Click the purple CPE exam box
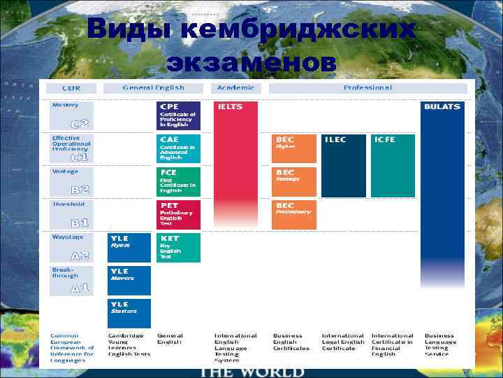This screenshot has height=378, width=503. pyautogui.click(x=179, y=115)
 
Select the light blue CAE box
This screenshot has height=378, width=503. pyautogui.click(x=179, y=148)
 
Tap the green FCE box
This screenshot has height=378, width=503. pyautogui.click(x=179, y=181)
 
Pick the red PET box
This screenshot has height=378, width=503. pyautogui.click(x=179, y=214)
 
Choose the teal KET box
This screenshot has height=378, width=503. pyautogui.click(x=179, y=247)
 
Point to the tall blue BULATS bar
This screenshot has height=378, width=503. pyautogui.click(x=442, y=210)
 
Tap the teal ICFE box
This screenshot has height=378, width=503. pyautogui.click(x=393, y=165)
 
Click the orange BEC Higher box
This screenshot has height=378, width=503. pyautogui.click(x=293, y=148)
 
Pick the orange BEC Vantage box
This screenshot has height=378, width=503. pyautogui.click(x=293, y=181)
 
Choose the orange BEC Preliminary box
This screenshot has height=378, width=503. pyautogui.click(x=293, y=214)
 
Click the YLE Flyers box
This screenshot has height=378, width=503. pyautogui.click(x=129, y=247)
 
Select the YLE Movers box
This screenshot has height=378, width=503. pyautogui.click(x=129, y=280)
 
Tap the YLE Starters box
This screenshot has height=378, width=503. pyautogui.click(x=129, y=313)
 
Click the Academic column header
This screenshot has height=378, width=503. pyautogui.click(x=235, y=88)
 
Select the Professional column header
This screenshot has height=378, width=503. pyautogui.click(x=367, y=88)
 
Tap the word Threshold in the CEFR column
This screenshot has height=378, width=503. pyautogui.click(x=68, y=204)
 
